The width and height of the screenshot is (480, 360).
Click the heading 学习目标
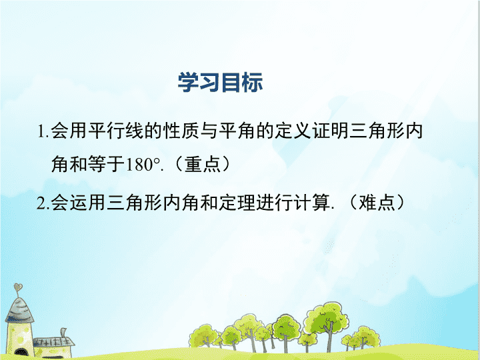point(220,83)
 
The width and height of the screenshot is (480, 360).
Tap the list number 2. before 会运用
point(43,203)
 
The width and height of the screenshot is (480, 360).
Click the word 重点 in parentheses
point(203,165)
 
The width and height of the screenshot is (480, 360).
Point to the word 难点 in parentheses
point(377,203)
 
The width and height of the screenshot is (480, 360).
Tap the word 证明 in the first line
point(330,131)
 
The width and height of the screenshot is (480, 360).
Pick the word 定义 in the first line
point(293,131)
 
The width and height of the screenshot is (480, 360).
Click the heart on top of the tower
point(18,287)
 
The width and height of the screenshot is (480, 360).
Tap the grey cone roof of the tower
point(19,311)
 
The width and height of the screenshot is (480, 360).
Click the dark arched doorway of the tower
point(21,353)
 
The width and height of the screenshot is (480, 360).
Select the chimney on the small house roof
point(63,333)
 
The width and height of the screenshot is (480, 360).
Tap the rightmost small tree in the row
point(367,337)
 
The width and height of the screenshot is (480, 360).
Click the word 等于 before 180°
point(107,165)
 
